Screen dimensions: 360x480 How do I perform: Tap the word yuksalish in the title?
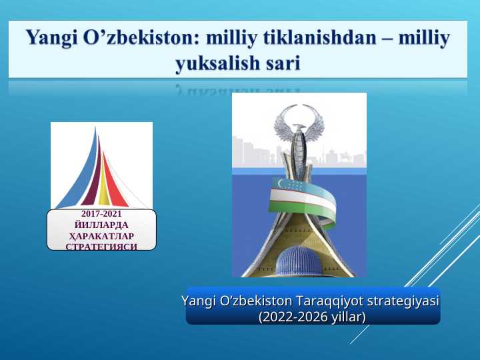click(x=217, y=63)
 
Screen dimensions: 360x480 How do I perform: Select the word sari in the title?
click(x=281, y=63)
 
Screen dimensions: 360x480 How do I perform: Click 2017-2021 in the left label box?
click(x=101, y=215)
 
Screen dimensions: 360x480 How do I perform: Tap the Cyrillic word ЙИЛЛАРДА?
click(x=101, y=225)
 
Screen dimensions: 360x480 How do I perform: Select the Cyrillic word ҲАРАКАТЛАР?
click(x=101, y=236)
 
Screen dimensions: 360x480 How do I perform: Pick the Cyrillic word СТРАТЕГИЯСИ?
click(x=101, y=246)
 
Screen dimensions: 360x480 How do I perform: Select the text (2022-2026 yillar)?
click(x=312, y=317)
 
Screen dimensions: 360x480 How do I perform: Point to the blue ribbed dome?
click(x=299, y=262)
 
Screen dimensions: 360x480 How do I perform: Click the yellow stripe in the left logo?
click(x=103, y=190)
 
